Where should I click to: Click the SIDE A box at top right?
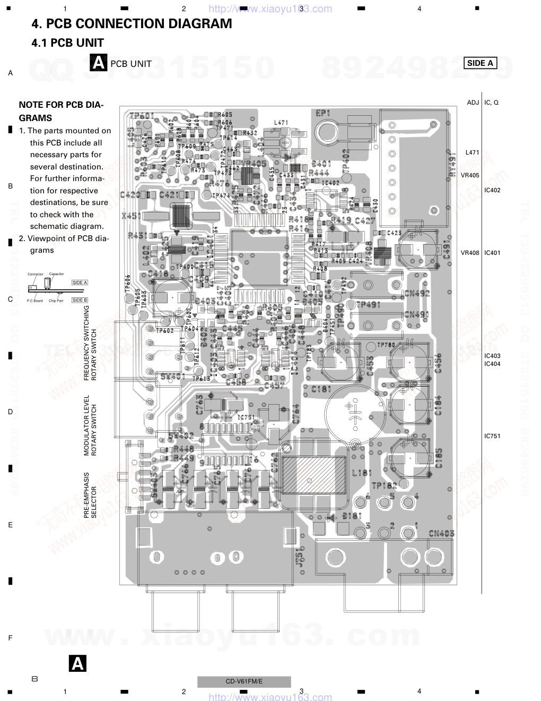(x=480, y=63)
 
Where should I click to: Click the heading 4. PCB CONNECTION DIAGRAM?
(x=132, y=24)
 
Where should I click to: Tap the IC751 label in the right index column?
(x=492, y=436)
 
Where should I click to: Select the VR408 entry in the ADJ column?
(x=470, y=253)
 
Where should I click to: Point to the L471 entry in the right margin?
(x=472, y=152)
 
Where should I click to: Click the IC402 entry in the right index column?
(x=492, y=190)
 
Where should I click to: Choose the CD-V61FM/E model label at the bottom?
(x=244, y=682)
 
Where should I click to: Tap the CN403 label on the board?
(x=441, y=533)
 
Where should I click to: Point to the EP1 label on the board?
(x=323, y=113)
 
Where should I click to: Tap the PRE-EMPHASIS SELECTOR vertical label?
(x=90, y=495)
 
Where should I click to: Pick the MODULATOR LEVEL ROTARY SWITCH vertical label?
(x=90, y=425)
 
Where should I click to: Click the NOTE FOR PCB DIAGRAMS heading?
(x=61, y=112)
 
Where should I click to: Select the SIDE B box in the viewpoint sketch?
(x=80, y=300)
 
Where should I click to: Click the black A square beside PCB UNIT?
(x=99, y=63)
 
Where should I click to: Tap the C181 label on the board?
(x=321, y=389)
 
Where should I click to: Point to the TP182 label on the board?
(x=384, y=485)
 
